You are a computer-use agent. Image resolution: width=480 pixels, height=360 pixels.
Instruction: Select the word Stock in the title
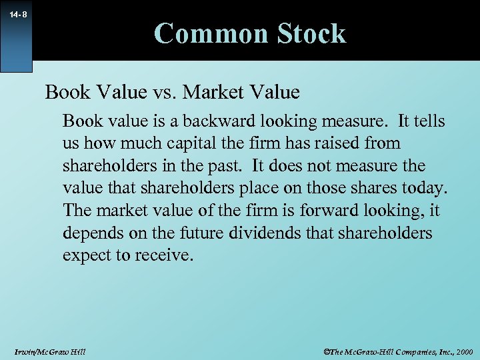coord(311,33)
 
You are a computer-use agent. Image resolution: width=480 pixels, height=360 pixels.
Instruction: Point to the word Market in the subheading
coord(214,91)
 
